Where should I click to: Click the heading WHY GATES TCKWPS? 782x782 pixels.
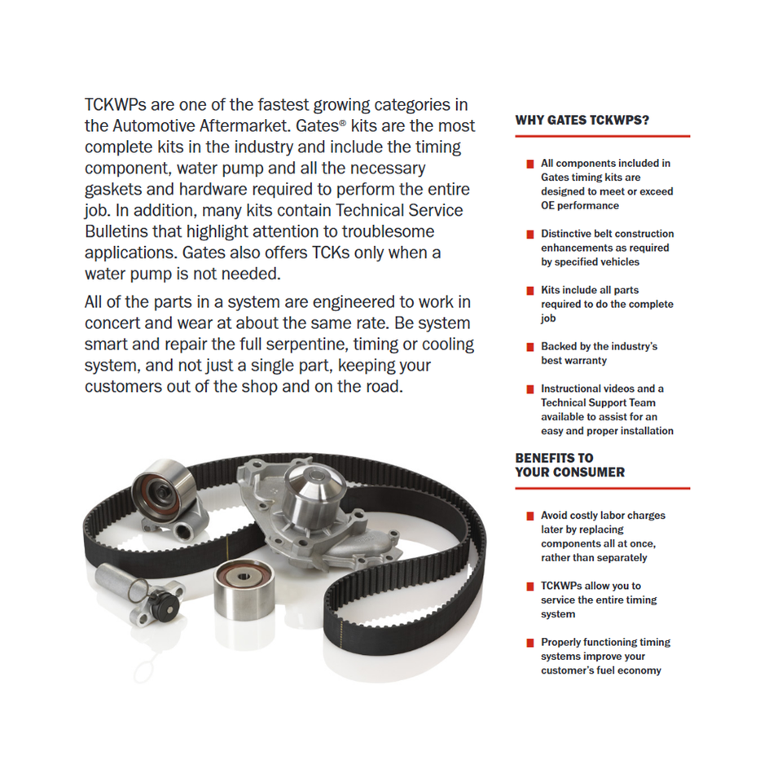click(582, 121)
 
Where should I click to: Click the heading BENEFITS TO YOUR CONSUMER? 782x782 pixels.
click(569, 465)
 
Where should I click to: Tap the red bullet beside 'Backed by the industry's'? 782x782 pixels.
click(530, 347)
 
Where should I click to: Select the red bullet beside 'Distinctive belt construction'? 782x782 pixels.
click(530, 235)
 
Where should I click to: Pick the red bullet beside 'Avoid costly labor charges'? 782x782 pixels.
click(530, 516)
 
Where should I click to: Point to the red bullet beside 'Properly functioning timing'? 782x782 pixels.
click(530, 643)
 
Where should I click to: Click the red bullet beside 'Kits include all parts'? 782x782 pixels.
click(530, 291)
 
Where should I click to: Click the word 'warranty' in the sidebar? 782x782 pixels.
click(585, 360)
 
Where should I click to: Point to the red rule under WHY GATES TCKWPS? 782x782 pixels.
click(602, 136)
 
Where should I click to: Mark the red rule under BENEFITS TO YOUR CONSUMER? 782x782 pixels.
click(602, 488)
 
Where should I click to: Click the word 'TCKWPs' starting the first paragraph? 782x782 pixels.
click(116, 105)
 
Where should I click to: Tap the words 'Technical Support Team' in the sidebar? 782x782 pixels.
click(598, 402)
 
